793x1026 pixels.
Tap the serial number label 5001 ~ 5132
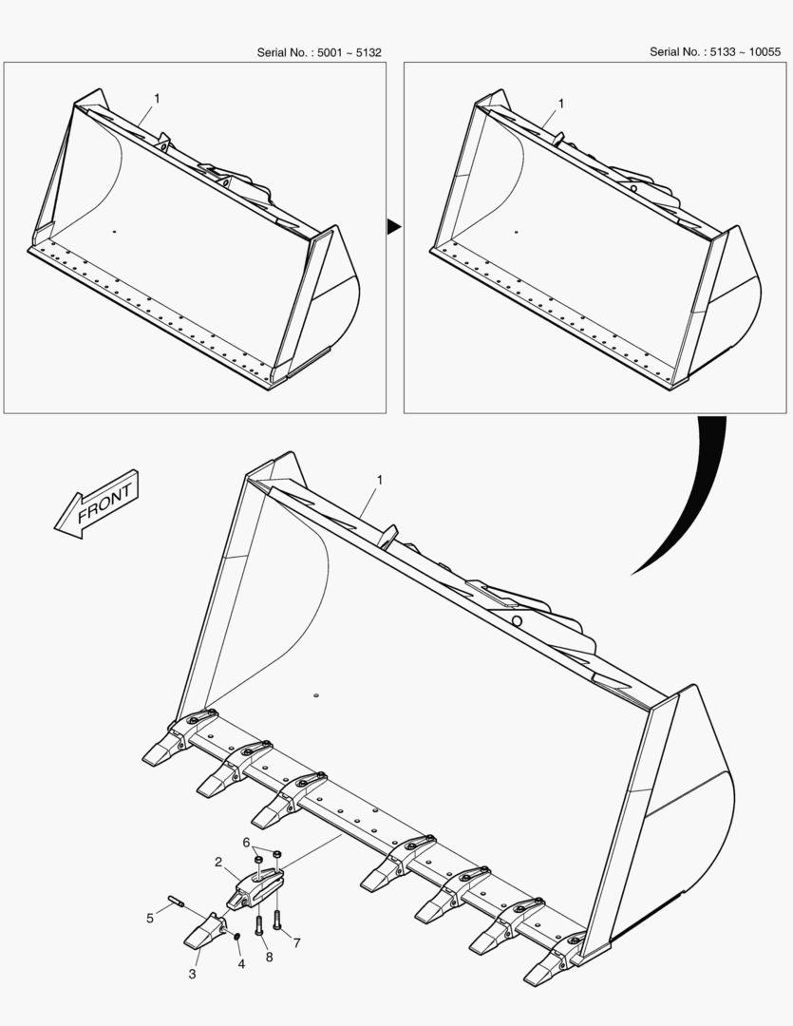coord(319,52)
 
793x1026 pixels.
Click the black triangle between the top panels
coord(393,226)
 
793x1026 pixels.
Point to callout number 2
coord(218,863)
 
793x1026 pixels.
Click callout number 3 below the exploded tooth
coord(193,974)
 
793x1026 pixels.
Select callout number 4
coord(241,963)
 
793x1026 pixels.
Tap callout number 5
coord(150,918)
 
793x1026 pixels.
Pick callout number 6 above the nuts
coord(246,843)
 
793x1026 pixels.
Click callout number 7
coord(296,943)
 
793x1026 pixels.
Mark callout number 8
coord(269,958)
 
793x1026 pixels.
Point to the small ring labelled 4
coord(236,939)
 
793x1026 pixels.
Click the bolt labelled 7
coord(277,918)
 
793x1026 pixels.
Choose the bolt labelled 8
coord(258,923)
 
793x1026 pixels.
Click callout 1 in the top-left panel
coord(157,98)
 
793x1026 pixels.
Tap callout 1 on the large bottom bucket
coord(379,481)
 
